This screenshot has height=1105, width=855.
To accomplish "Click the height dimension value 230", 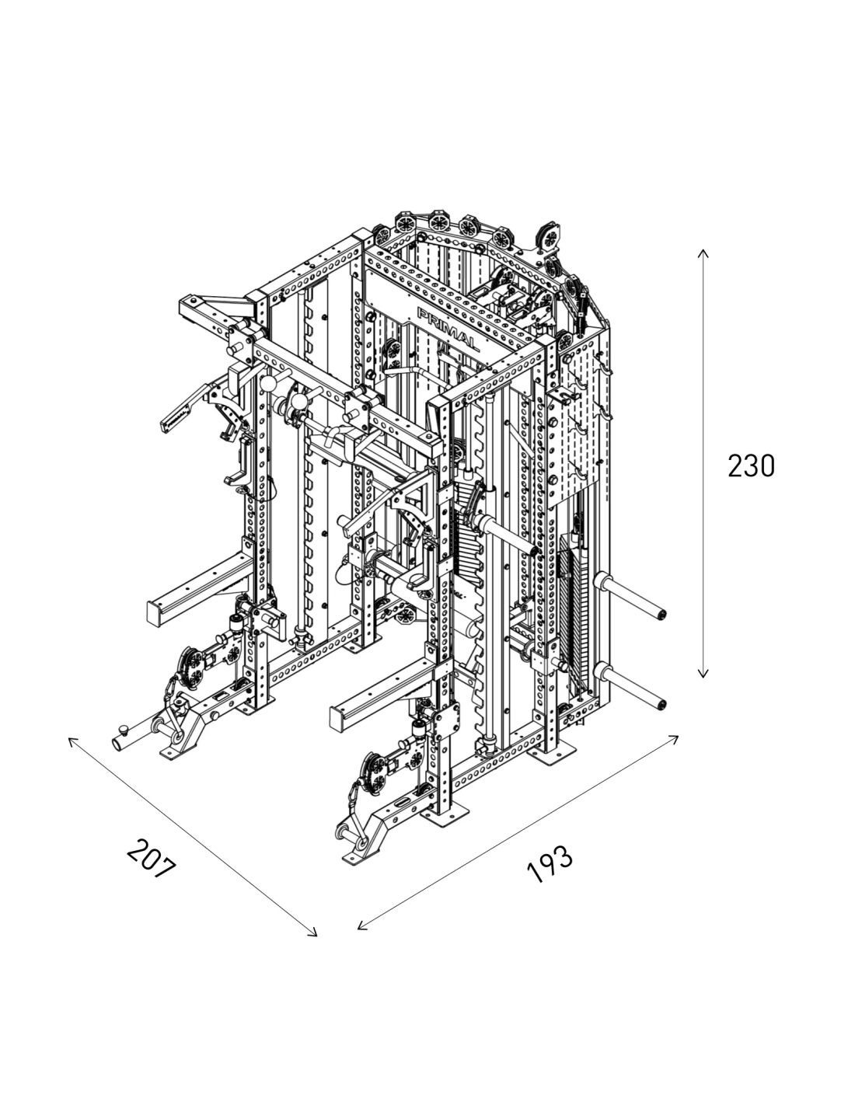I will (x=751, y=466).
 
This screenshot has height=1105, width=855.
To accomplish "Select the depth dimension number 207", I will (x=152, y=858).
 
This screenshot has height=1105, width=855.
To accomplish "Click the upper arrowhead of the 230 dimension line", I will (x=703, y=252).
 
